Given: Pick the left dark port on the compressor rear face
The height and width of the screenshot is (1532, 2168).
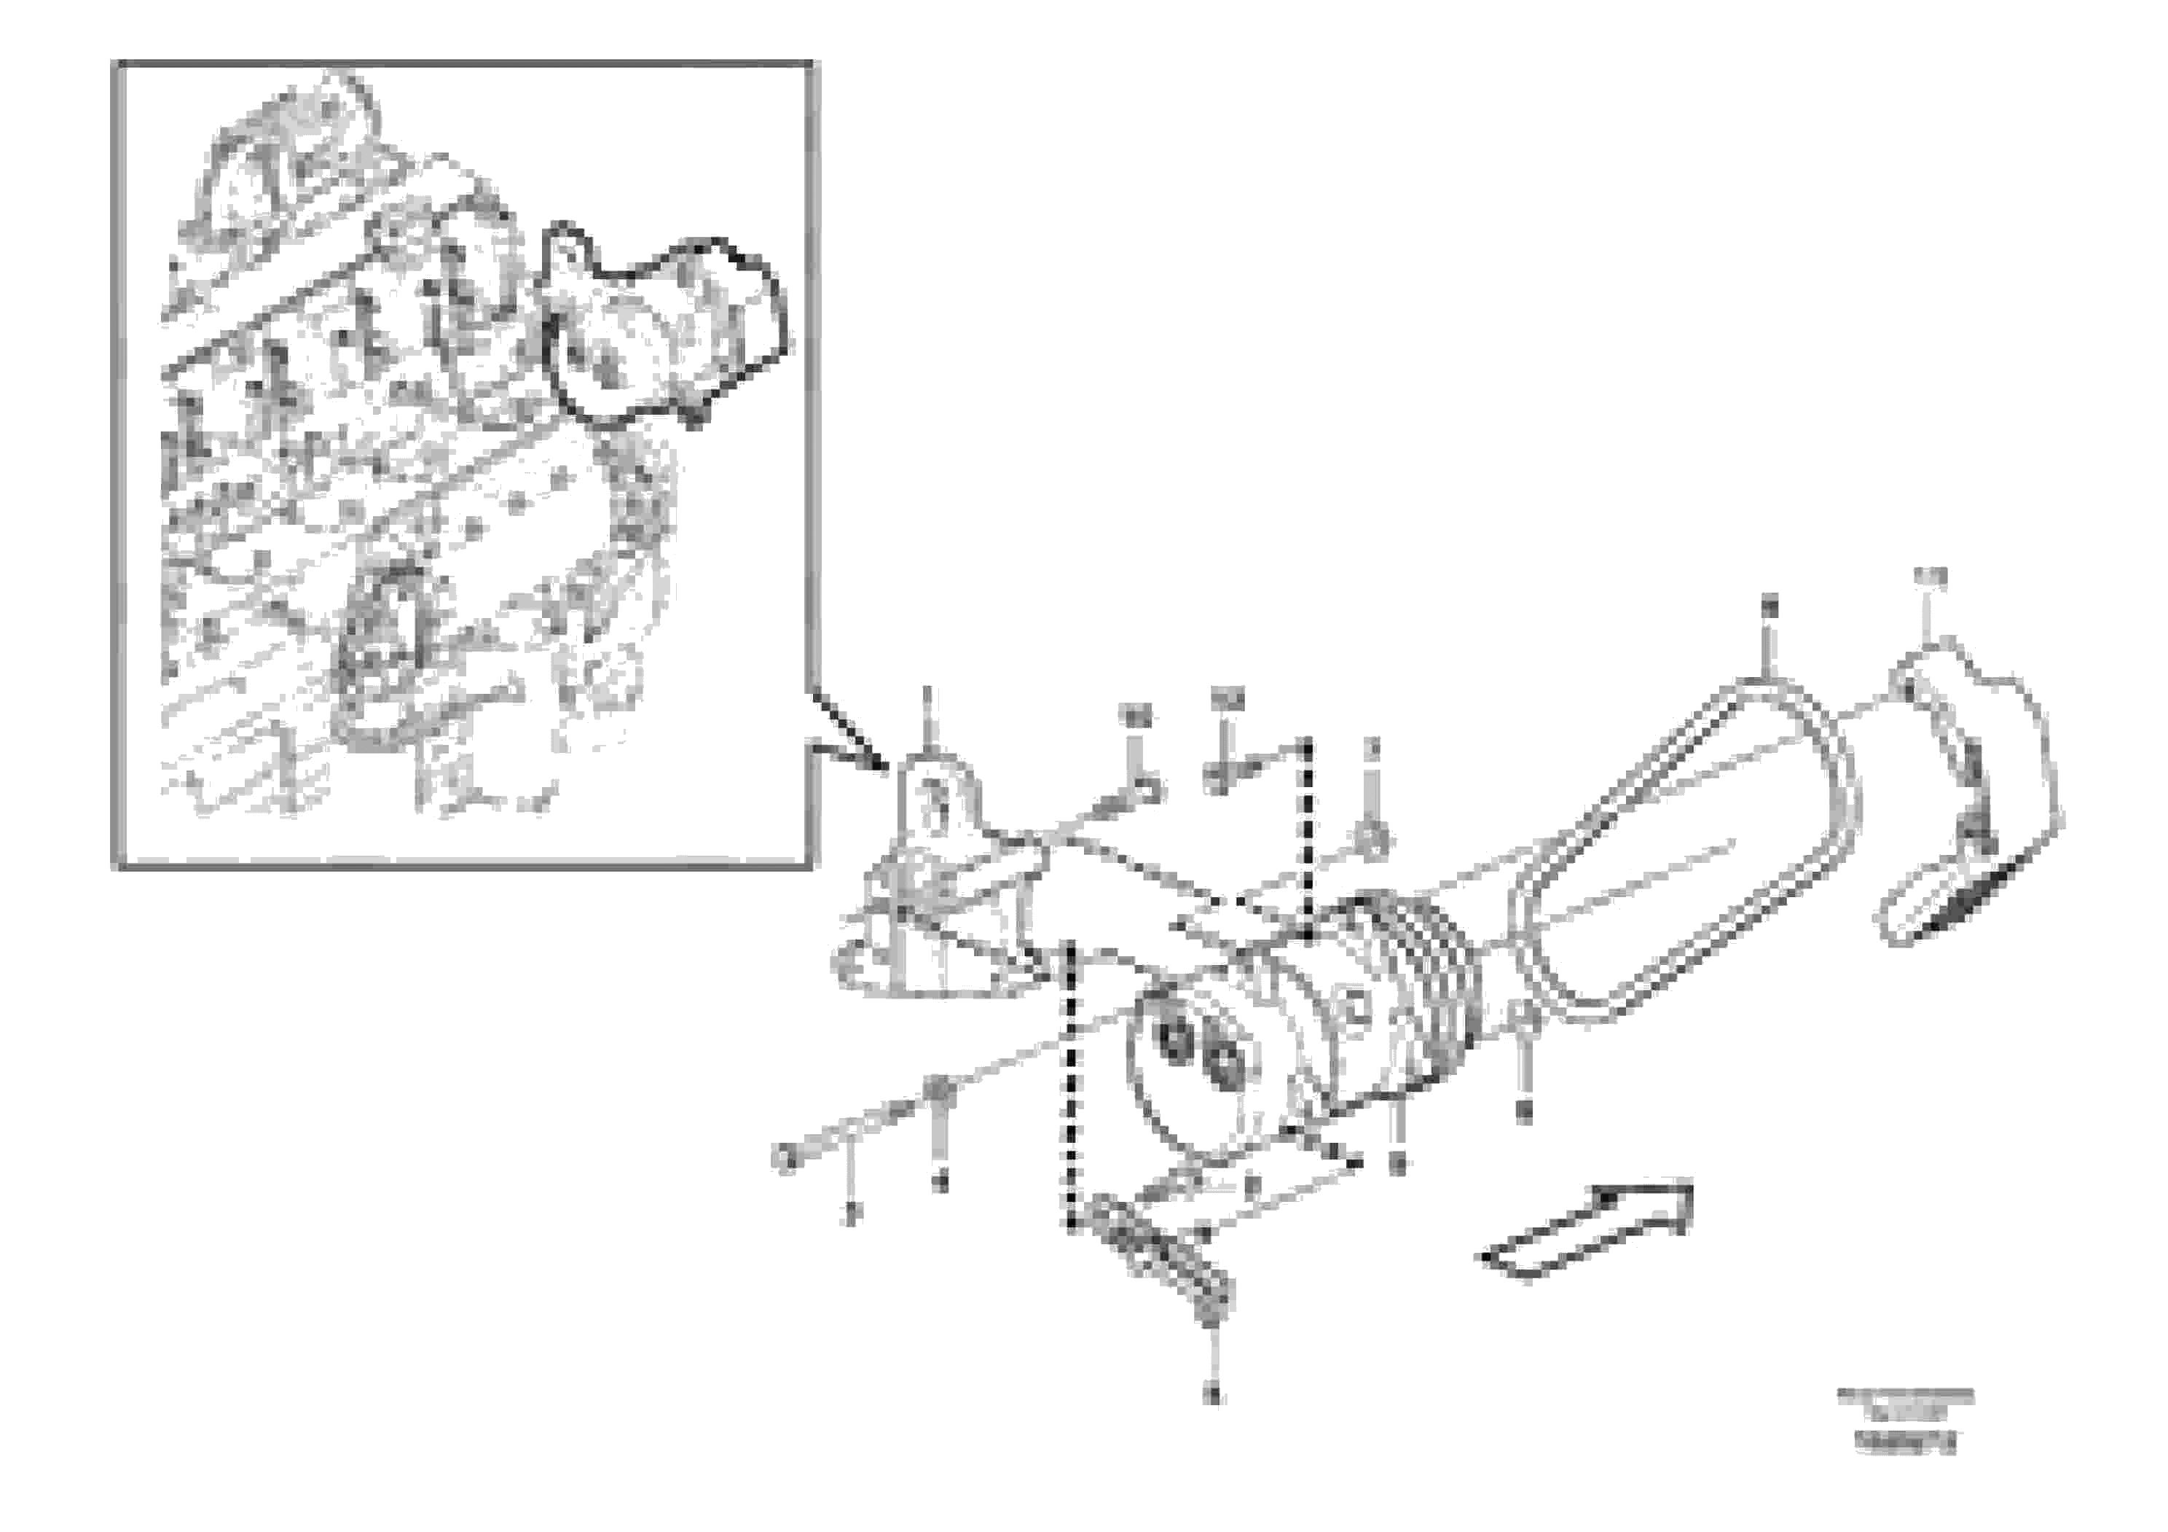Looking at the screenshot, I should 1177,1039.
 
